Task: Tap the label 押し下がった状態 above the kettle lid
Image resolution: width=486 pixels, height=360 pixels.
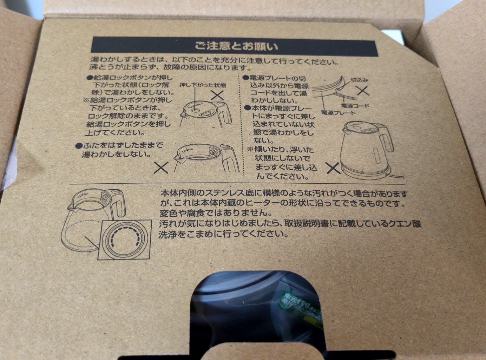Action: [203, 85]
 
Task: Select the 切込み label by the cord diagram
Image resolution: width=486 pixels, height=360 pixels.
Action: [359, 80]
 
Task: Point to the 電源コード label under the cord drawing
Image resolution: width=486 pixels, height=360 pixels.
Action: [354, 105]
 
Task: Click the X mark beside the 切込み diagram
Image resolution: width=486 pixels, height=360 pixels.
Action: [363, 91]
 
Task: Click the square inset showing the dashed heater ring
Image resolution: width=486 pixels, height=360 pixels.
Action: [125, 240]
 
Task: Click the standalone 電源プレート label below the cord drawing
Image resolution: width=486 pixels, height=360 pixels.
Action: [338, 113]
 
